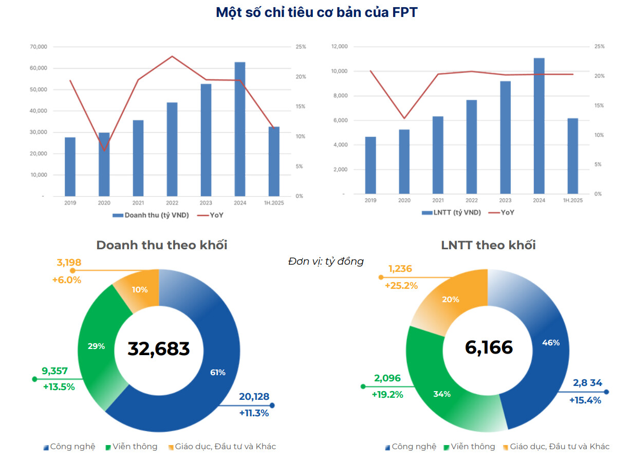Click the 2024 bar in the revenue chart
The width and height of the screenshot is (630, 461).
click(x=239, y=128)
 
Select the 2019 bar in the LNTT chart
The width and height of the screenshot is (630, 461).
click(x=370, y=165)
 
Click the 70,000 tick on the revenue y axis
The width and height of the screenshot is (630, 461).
click(x=39, y=47)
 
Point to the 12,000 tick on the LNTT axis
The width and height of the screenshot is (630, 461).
click(x=340, y=47)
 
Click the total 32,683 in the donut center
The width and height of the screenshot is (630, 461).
click(x=159, y=348)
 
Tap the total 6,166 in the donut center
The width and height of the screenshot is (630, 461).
click(x=489, y=347)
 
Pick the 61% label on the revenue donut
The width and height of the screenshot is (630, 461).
click(x=217, y=373)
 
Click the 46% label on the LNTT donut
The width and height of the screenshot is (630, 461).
click(x=551, y=343)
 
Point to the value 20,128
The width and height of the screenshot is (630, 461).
click(x=254, y=397)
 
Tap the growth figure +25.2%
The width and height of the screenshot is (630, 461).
click(x=401, y=285)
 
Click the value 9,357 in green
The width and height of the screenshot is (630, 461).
click(x=54, y=371)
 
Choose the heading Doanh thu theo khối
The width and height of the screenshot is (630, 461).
click(x=162, y=245)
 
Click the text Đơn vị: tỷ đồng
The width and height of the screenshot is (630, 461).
click(x=326, y=262)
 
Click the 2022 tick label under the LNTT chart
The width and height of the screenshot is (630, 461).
click(x=471, y=201)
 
